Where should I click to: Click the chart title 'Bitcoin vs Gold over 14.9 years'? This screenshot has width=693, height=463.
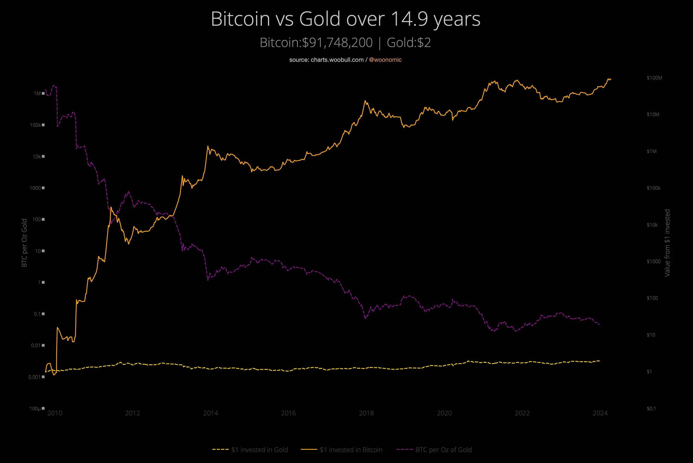[x=346, y=19]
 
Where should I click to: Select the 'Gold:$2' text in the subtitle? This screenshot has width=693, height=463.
[x=409, y=43]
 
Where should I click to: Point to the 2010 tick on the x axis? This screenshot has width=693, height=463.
[x=55, y=413]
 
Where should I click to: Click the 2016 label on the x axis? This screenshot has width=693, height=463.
[x=288, y=413]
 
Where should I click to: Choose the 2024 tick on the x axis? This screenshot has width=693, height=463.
[x=600, y=413]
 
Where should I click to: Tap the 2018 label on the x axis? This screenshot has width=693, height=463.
[x=366, y=413]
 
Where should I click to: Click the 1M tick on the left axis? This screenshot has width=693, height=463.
[x=37, y=93]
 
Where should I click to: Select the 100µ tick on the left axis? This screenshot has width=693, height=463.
[x=35, y=408]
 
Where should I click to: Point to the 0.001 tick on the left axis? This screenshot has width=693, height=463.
[x=34, y=377]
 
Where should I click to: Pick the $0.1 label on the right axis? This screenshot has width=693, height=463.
[x=651, y=408]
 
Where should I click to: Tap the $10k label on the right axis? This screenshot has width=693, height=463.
[x=652, y=225]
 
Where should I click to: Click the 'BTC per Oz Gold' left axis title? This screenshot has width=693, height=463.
[x=24, y=243]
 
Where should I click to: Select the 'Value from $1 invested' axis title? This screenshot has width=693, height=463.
[x=667, y=243]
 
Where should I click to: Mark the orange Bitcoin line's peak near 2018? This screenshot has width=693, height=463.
[x=365, y=101]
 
